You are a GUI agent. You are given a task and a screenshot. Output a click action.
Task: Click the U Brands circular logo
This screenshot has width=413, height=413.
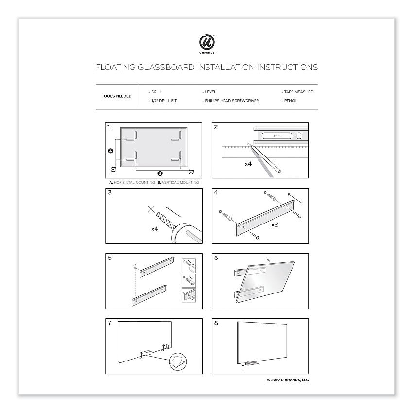[x=207, y=42]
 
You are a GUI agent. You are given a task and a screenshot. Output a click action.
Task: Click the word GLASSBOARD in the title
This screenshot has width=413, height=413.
[x=166, y=68]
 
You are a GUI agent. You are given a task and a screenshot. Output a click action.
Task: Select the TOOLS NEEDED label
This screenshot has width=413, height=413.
[x=117, y=96]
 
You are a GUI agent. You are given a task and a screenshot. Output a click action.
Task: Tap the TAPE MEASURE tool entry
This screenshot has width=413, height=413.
[x=297, y=92]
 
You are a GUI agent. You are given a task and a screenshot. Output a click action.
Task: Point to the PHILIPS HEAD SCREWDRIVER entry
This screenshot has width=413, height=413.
[x=230, y=101]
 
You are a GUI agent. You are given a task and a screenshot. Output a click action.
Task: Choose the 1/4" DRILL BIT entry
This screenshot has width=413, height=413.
[x=163, y=101]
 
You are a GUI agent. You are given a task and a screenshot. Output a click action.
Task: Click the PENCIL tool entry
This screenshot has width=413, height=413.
[x=290, y=101]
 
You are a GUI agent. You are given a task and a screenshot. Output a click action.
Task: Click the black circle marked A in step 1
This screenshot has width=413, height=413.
[x=111, y=151]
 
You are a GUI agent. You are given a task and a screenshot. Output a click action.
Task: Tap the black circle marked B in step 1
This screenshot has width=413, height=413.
[x=160, y=173]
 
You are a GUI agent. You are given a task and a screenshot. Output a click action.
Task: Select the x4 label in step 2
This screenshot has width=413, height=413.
[x=248, y=164]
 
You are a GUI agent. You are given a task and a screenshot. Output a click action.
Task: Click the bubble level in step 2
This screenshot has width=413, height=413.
[x=281, y=136]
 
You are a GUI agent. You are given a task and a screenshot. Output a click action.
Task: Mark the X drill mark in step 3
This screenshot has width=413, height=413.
[x=151, y=209]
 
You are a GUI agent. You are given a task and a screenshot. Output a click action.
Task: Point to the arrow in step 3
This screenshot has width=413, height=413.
[x=173, y=212]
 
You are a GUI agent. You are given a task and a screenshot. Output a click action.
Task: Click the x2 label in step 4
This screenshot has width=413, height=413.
[x=275, y=224]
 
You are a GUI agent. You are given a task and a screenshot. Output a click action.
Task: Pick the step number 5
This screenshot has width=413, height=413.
[x=110, y=258]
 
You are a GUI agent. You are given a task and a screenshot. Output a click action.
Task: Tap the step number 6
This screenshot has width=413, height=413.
[x=216, y=258]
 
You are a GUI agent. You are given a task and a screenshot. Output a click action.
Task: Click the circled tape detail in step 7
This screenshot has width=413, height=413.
[x=178, y=361]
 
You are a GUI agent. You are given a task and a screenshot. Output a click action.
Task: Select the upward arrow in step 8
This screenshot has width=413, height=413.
[x=243, y=367]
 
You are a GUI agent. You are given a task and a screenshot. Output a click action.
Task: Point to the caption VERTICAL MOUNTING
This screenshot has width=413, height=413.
[x=180, y=182]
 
